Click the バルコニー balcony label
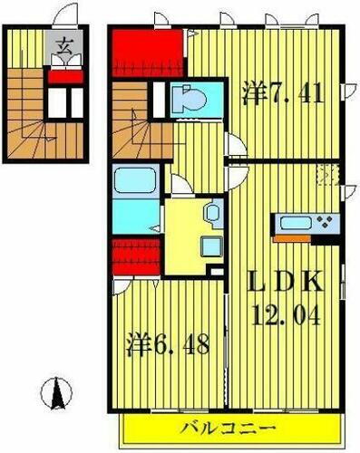[233, 427]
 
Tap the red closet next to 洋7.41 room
[149, 52]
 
